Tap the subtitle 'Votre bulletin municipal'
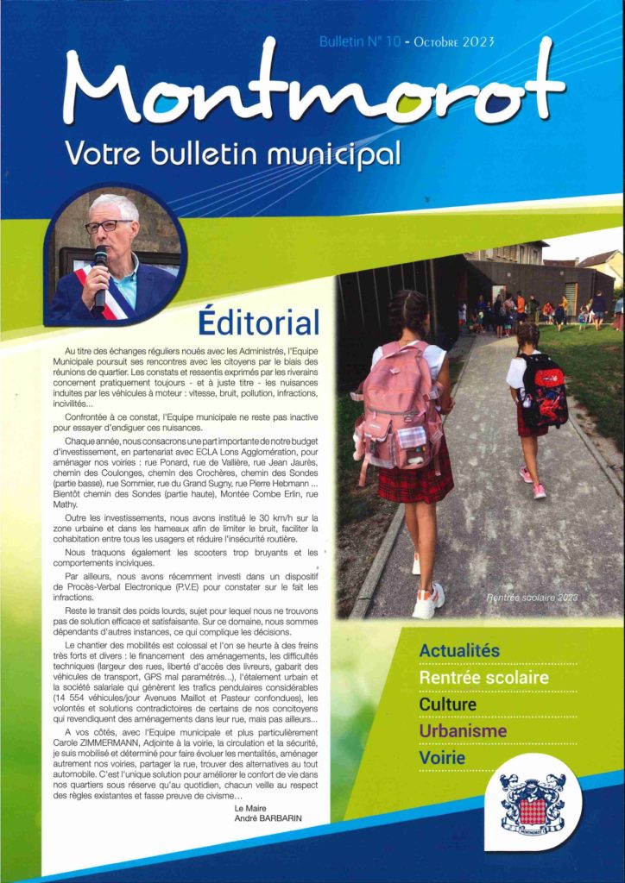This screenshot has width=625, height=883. coord(233,154)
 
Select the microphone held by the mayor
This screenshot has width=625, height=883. coord(101,276)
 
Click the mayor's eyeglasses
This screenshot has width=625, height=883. coord(108,226)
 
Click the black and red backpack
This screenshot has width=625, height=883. coord(543,391)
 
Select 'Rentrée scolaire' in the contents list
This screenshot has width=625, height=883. coord(483,678)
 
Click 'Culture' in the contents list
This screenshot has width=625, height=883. coord(447,705)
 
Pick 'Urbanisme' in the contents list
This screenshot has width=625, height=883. coord(463,731)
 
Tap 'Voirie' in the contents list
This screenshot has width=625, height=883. coord(442,758)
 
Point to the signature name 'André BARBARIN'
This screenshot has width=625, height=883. coord(270,817)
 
